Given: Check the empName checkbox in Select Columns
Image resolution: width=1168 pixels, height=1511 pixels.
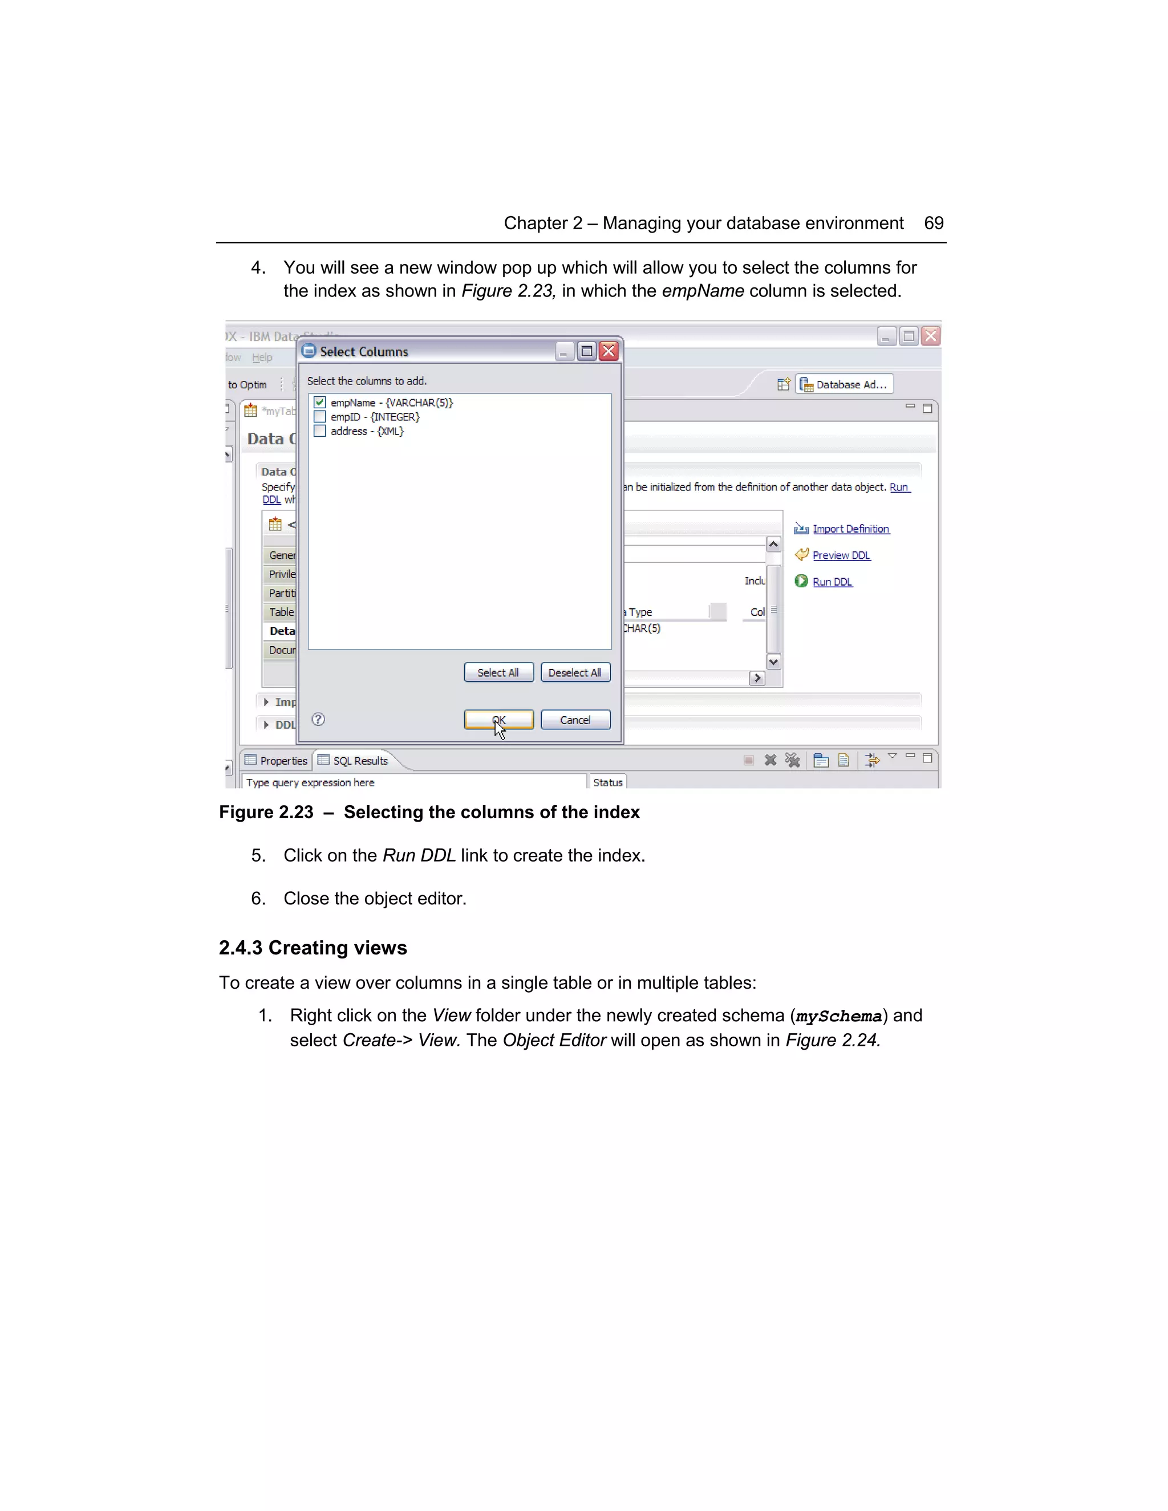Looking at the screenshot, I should pyautogui.click(x=320, y=402).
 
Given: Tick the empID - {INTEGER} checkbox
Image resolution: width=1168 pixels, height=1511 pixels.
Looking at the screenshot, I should pyautogui.click(x=320, y=416).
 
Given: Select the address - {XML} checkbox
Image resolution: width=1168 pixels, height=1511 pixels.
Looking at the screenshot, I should pyautogui.click(x=320, y=431).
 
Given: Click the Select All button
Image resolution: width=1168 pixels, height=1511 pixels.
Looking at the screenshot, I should pyautogui.click(x=498, y=672).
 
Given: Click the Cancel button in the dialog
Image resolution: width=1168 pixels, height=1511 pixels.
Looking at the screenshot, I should pyautogui.click(x=575, y=720).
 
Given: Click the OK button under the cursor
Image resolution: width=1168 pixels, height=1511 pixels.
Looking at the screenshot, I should pyautogui.click(x=498, y=720).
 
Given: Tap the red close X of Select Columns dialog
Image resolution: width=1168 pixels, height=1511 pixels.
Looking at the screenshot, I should pyautogui.click(x=608, y=351).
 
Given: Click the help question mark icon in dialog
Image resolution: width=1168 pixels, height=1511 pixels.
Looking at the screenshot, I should pyautogui.click(x=318, y=720).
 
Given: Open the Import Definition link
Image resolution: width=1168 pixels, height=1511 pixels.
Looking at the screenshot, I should pyautogui.click(x=850, y=529).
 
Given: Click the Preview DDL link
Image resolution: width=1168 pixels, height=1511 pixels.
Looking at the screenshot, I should pyautogui.click(x=841, y=555).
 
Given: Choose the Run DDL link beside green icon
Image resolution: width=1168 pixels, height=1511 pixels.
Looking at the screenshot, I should pyautogui.click(x=833, y=582).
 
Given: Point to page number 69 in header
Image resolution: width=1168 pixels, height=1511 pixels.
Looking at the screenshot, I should pyautogui.click(x=934, y=223).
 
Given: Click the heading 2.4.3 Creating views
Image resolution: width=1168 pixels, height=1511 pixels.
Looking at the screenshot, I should pyautogui.click(x=313, y=948).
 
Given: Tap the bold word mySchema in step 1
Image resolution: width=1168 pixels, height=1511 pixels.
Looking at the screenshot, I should pyautogui.click(x=838, y=1016).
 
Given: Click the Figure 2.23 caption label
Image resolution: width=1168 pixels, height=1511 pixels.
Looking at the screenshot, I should pyautogui.click(x=266, y=812).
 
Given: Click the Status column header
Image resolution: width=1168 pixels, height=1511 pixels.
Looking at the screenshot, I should pyautogui.click(x=607, y=782).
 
